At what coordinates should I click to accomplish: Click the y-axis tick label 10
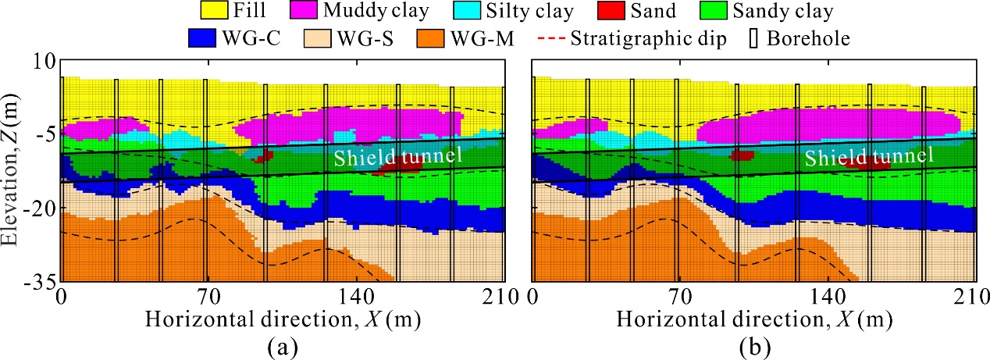pyautogui.click(x=44, y=61)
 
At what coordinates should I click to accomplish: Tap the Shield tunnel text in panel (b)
pyautogui.click(x=869, y=156)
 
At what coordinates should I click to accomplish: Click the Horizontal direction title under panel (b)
pyautogui.click(x=754, y=320)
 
